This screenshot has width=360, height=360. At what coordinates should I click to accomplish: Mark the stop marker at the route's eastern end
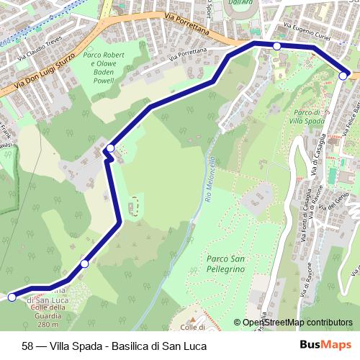click(344, 74)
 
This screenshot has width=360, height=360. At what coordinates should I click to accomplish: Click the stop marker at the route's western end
click(12, 297)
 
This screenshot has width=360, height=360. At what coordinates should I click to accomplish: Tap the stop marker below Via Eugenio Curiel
click(276, 46)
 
